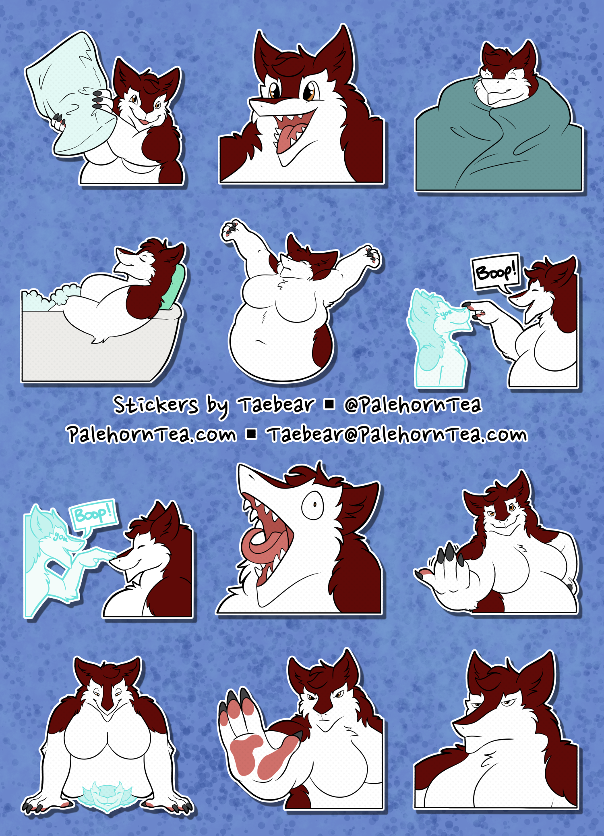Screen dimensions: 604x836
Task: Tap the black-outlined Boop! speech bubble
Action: (x=496, y=272)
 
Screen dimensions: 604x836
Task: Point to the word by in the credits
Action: (x=218, y=406)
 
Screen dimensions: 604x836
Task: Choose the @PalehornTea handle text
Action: (x=412, y=405)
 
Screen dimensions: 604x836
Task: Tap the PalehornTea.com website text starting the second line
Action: (x=152, y=434)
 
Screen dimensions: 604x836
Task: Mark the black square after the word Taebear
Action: (x=329, y=404)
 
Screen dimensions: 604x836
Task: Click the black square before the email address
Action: (x=252, y=434)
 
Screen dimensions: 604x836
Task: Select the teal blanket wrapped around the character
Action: (x=499, y=141)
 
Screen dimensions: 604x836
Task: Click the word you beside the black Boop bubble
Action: (x=446, y=313)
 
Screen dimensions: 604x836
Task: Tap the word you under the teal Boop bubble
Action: (x=61, y=537)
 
